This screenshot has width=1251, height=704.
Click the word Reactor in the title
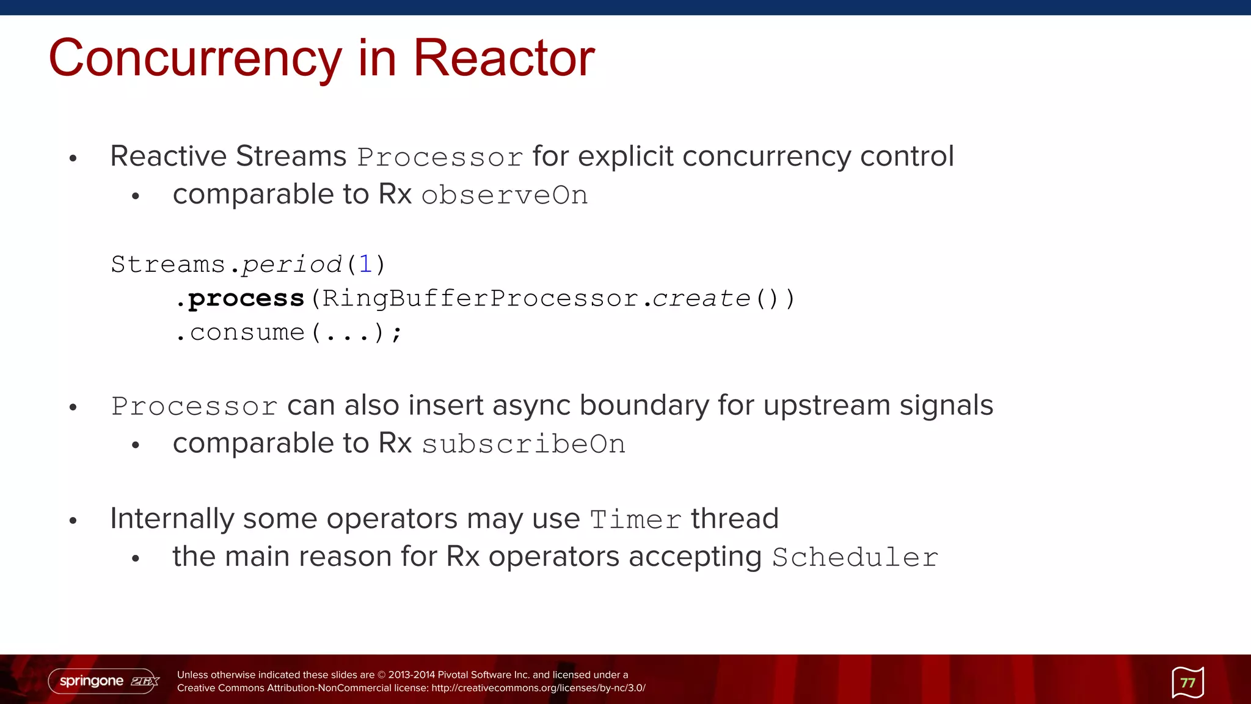point(503,58)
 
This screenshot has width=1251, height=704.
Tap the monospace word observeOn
point(505,196)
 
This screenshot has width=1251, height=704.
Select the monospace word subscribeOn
point(523,444)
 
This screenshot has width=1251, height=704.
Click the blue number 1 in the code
point(365,265)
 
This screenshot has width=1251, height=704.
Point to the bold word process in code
point(246,299)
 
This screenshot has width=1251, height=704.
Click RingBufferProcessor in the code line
point(480,299)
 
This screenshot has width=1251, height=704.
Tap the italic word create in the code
point(701,299)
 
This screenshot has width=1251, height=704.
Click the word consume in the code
point(247,332)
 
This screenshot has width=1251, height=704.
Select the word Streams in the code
point(168,265)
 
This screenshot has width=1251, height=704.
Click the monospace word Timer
point(635,520)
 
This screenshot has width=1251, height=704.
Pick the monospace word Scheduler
point(855,558)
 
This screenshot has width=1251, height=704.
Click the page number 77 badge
point(1187,683)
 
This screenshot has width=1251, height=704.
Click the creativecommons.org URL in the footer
point(538,688)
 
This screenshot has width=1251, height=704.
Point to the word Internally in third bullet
point(172,519)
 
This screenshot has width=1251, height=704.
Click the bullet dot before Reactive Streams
point(73,159)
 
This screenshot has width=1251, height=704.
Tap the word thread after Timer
point(734,519)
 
